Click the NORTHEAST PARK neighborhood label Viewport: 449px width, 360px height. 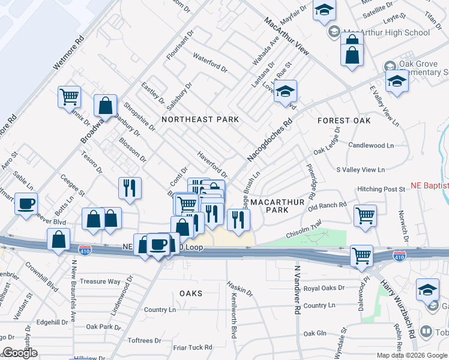(x=200, y=119)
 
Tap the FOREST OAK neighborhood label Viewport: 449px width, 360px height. (x=344, y=121)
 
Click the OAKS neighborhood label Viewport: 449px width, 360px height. (x=191, y=293)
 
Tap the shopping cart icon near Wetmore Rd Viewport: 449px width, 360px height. (x=70, y=97)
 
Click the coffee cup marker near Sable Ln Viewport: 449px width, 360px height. (x=26, y=204)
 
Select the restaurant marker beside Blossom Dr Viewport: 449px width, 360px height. (x=130, y=188)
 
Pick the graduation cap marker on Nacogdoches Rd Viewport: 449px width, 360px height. (x=286, y=91)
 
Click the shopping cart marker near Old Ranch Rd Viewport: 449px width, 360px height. (x=365, y=216)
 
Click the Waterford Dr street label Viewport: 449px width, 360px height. (x=210, y=63)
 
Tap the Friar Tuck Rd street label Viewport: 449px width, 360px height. (x=192, y=347)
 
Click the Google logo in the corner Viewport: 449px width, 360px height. (x=20, y=353)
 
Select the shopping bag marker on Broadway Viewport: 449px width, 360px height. (x=106, y=106)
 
